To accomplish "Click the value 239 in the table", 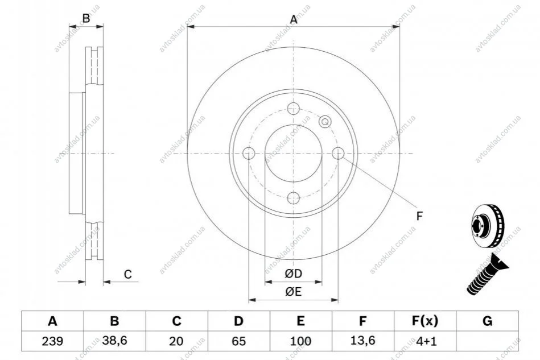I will click(x=52, y=341).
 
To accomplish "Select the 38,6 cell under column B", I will click(x=114, y=341).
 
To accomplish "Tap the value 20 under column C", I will click(x=176, y=341).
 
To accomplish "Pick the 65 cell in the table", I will click(x=238, y=341).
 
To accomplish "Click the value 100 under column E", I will click(x=300, y=341).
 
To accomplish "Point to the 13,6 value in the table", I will click(x=362, y=341).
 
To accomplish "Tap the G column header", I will click(x=487, y=321).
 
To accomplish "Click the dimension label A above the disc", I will click(x=294, y=20).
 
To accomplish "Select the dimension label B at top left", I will click(x=86, y=18).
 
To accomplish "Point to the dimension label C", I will click(x=128, y=275).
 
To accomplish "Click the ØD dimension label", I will click(x=293, y=275).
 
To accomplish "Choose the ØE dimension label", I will click(x=293, y=293).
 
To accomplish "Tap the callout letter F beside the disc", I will click(x=419, y=216).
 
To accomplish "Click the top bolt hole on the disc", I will click(x=293, y=109).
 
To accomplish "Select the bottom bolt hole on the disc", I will click(x=293, y=197).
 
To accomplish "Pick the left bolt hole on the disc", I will click(x=249, y=153).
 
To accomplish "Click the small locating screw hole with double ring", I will click(x=325, y=121).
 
